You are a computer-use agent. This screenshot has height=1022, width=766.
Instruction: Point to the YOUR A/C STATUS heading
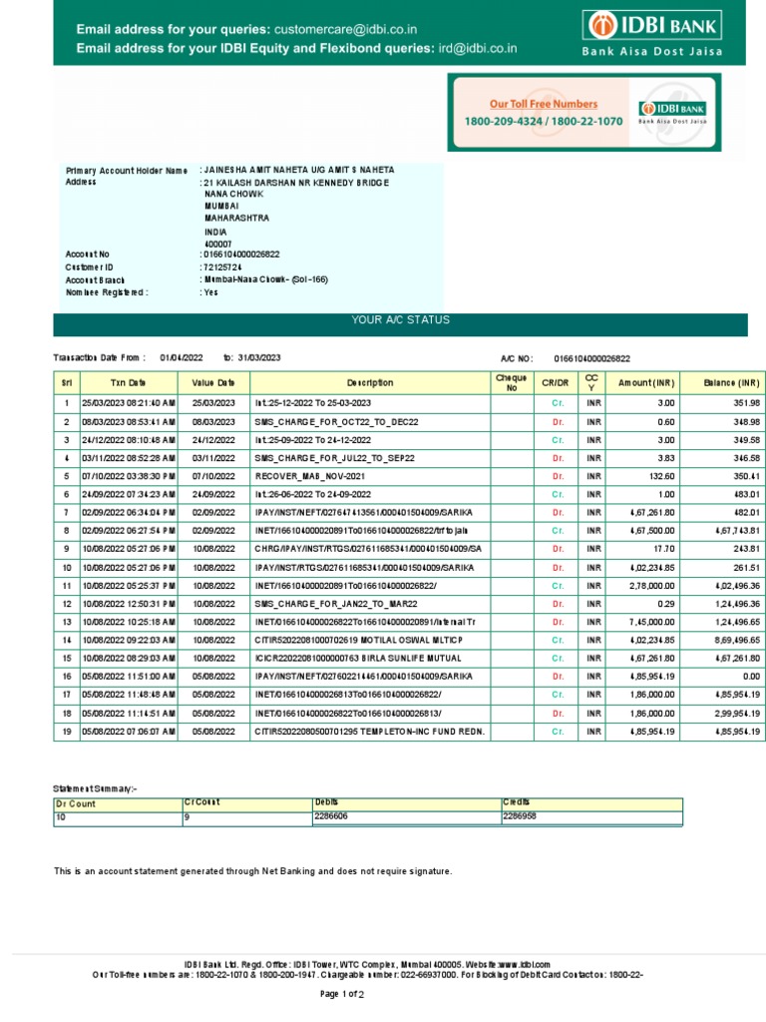pos(400,320)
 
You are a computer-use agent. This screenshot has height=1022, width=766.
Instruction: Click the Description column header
pos(370,382)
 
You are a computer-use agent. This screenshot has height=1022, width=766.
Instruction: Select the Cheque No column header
pos(511,382)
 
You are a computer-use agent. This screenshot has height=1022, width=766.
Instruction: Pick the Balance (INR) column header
pos(731,382)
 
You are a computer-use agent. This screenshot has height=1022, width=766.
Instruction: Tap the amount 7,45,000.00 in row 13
pos(653,622)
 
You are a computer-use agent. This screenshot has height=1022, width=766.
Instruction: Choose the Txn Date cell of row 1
pos(129,403)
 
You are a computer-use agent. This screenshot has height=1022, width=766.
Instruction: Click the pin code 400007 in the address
pos(217,243)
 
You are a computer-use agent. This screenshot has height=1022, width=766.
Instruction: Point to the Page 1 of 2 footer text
pos(341,994)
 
